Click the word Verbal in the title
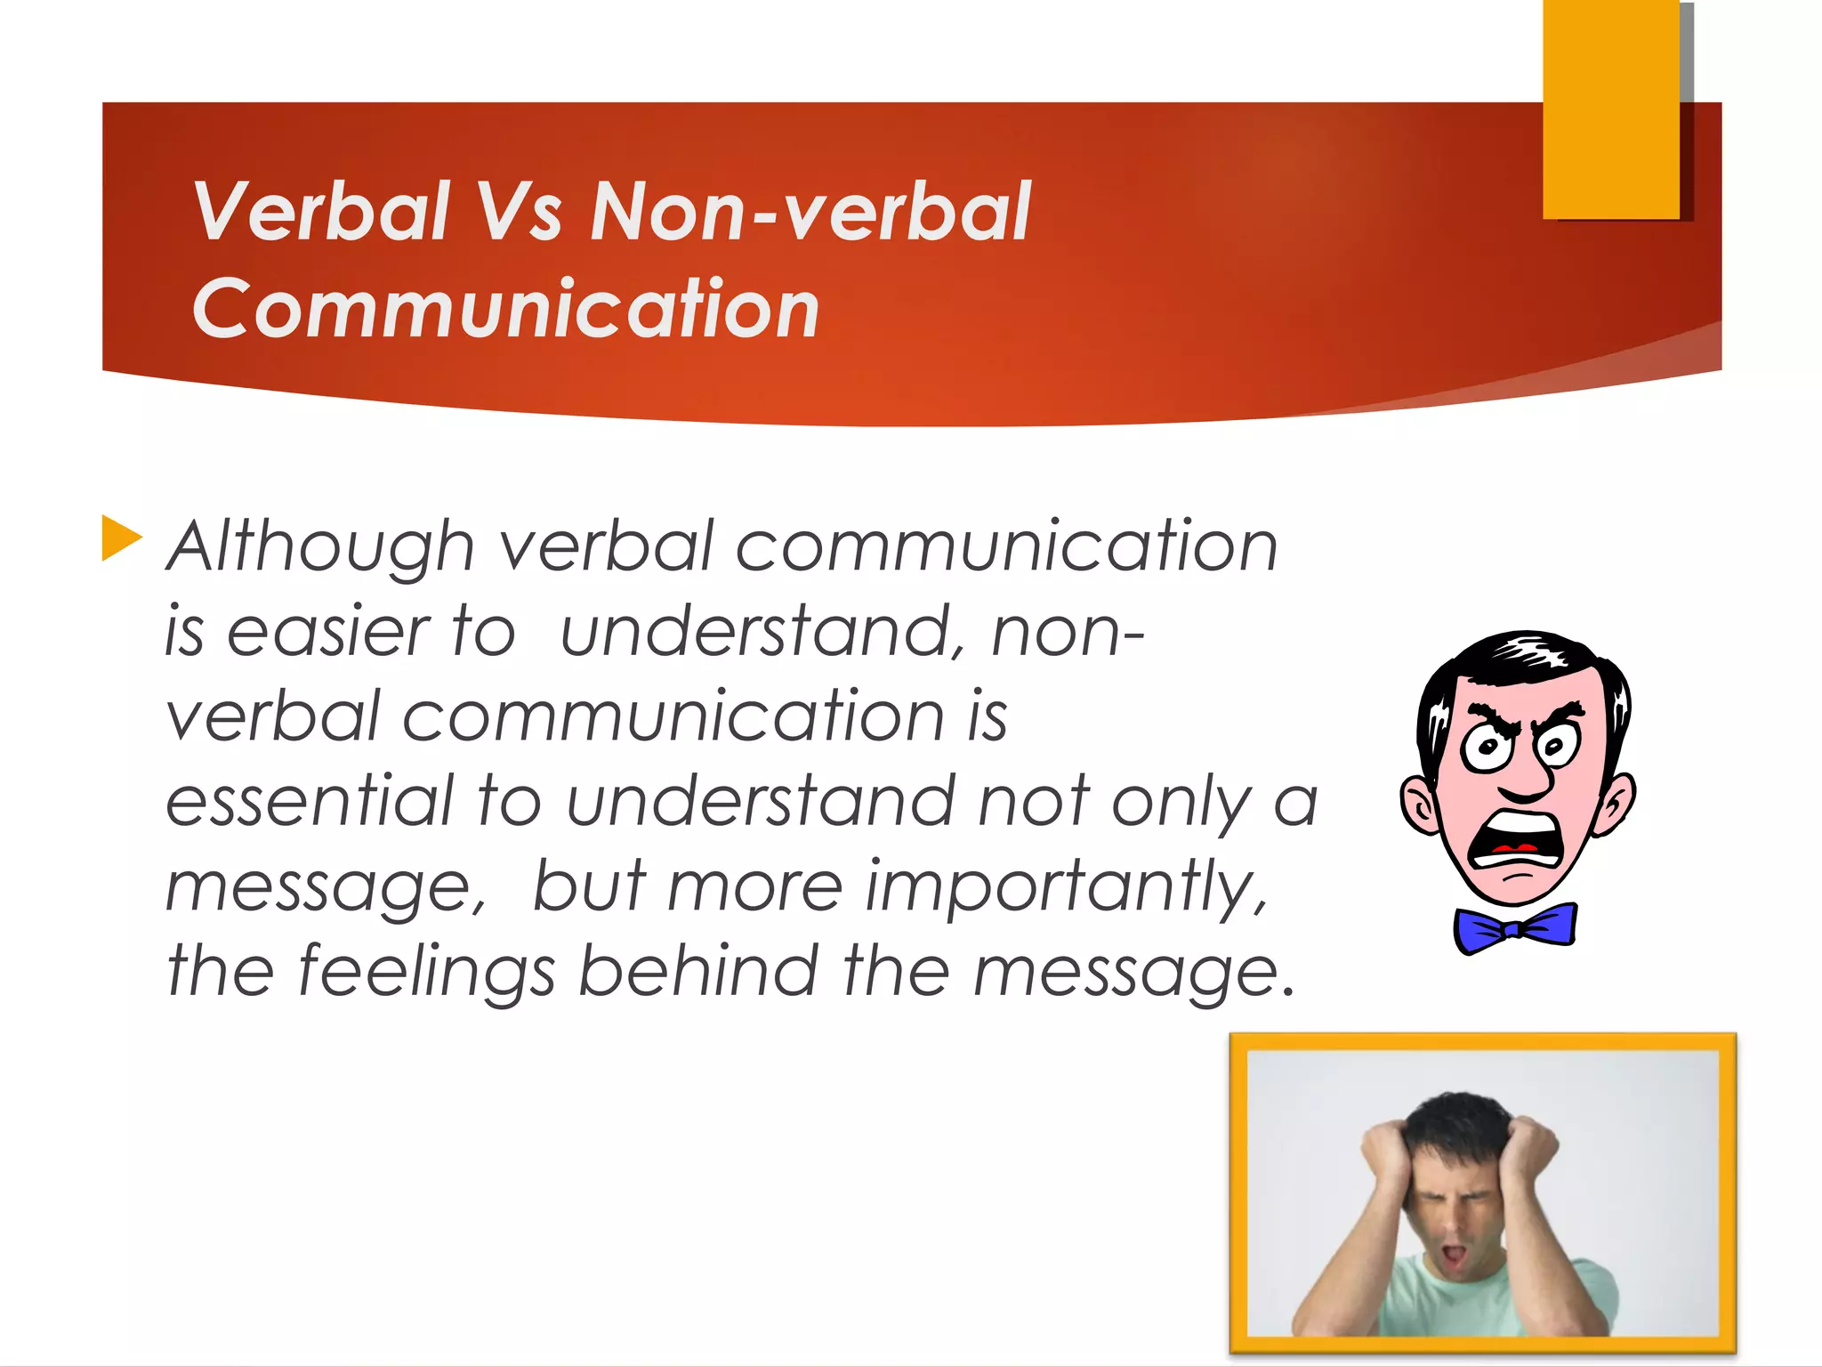322,212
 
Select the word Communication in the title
505,309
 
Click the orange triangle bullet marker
121,538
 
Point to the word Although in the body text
321,546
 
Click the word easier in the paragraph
328,632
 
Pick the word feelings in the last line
425,972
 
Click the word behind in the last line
697,970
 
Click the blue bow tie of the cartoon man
1515,928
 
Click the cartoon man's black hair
1521,659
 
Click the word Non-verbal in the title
810,212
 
